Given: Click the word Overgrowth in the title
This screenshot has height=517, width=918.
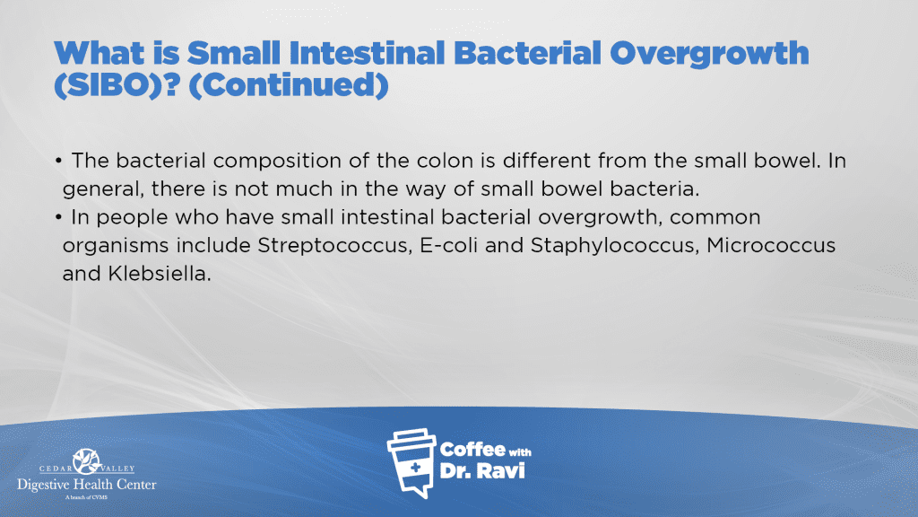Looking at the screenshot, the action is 709,54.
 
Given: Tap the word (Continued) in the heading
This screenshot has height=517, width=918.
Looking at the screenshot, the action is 288,85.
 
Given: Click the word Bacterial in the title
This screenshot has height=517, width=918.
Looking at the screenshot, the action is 527,53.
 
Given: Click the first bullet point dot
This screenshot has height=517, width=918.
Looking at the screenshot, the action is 58,161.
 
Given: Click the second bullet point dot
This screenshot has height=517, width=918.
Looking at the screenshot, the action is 58,217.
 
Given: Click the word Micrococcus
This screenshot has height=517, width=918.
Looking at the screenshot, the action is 771,245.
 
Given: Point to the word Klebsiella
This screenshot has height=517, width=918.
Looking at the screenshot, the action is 159,273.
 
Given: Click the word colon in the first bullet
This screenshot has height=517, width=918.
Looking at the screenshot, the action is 445,161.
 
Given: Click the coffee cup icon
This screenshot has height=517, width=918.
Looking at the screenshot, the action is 412,463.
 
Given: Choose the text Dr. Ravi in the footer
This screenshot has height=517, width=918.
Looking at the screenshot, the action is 481,470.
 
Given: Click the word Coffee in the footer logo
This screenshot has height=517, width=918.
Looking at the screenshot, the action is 472,450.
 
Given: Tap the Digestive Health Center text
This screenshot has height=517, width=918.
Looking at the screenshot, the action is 87,485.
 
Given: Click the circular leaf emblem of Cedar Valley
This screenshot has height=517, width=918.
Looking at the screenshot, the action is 87,461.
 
